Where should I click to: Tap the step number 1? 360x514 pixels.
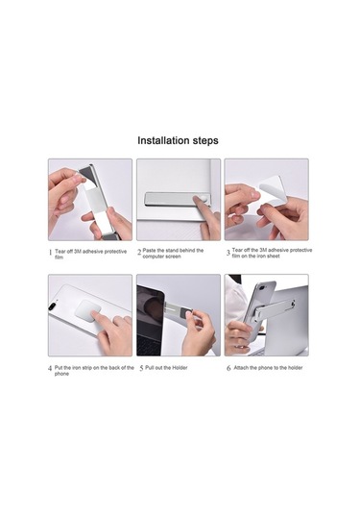pyautogui.click(x=50, y=254)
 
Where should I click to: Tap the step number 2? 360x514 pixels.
pyautogui.click(x=138, y=253)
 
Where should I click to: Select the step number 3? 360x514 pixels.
pyautogui.click(x=228, y=253)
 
